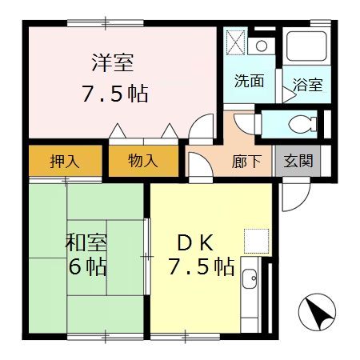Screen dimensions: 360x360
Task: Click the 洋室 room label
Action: (x=111, y=62)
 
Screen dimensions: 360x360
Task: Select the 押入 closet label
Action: (x=65, y=161)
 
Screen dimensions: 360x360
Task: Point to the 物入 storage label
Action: (x=143, y=161)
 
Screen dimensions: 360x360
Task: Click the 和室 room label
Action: (x=87, y=241)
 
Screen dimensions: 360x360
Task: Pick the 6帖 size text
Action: (x=87, y=266)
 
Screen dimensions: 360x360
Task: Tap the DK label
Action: (x=195, y=241)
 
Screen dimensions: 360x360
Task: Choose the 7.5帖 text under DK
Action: (x=201, y=266)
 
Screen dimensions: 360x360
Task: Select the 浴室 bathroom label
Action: (x=307, y=85)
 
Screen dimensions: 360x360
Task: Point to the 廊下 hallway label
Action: (x=246, y=161)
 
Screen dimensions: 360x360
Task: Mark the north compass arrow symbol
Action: (x=316, y=312)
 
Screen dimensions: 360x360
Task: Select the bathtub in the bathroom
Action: (x=306, y=49)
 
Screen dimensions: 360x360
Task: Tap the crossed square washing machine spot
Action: (x=236, y=42)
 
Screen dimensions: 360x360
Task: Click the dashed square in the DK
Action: (x=255, y=240)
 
